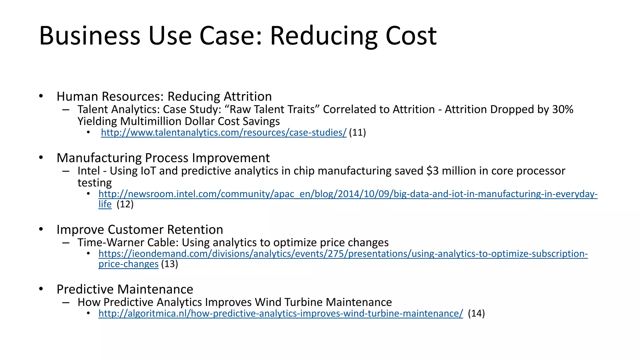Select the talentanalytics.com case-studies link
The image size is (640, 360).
[x=224, y=132]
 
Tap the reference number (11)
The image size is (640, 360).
[x=357, y=132]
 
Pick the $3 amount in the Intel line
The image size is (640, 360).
[x=432, y=171]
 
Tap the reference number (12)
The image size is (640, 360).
[x=125, y=204]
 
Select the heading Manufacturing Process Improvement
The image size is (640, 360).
[x=163, y=158]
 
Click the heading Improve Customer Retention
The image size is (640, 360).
[x=140, y=229]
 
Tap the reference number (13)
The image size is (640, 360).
[x=169, y=264]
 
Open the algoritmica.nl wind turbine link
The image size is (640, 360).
[x=281, y=313]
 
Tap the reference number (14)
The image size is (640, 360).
[x=476, y=313]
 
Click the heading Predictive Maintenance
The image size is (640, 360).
[x=125, y=289]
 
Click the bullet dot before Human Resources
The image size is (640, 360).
[x=41, y=96]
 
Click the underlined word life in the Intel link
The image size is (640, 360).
[x=105, y=204]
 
